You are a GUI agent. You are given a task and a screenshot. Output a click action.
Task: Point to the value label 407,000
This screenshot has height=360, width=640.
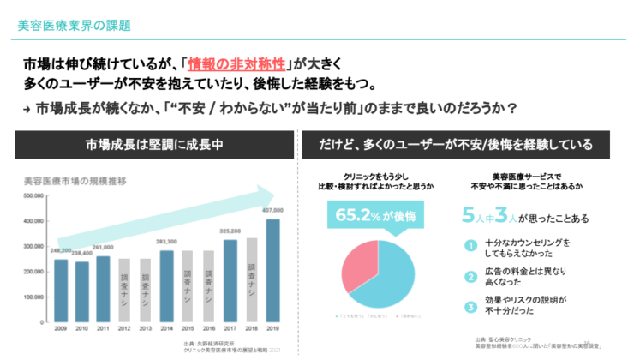click(272, 211)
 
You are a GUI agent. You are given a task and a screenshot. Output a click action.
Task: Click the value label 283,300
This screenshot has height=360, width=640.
click(166, 242)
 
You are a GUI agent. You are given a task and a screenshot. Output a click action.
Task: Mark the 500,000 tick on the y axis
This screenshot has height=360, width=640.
click(32, 195)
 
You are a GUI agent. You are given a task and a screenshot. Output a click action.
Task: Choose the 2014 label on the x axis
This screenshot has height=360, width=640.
click(166, 327)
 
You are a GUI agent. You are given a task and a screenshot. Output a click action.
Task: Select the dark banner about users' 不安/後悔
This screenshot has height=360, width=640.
click(467, 143)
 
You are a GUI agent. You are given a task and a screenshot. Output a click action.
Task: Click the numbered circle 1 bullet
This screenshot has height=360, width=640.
click(470, 247)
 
